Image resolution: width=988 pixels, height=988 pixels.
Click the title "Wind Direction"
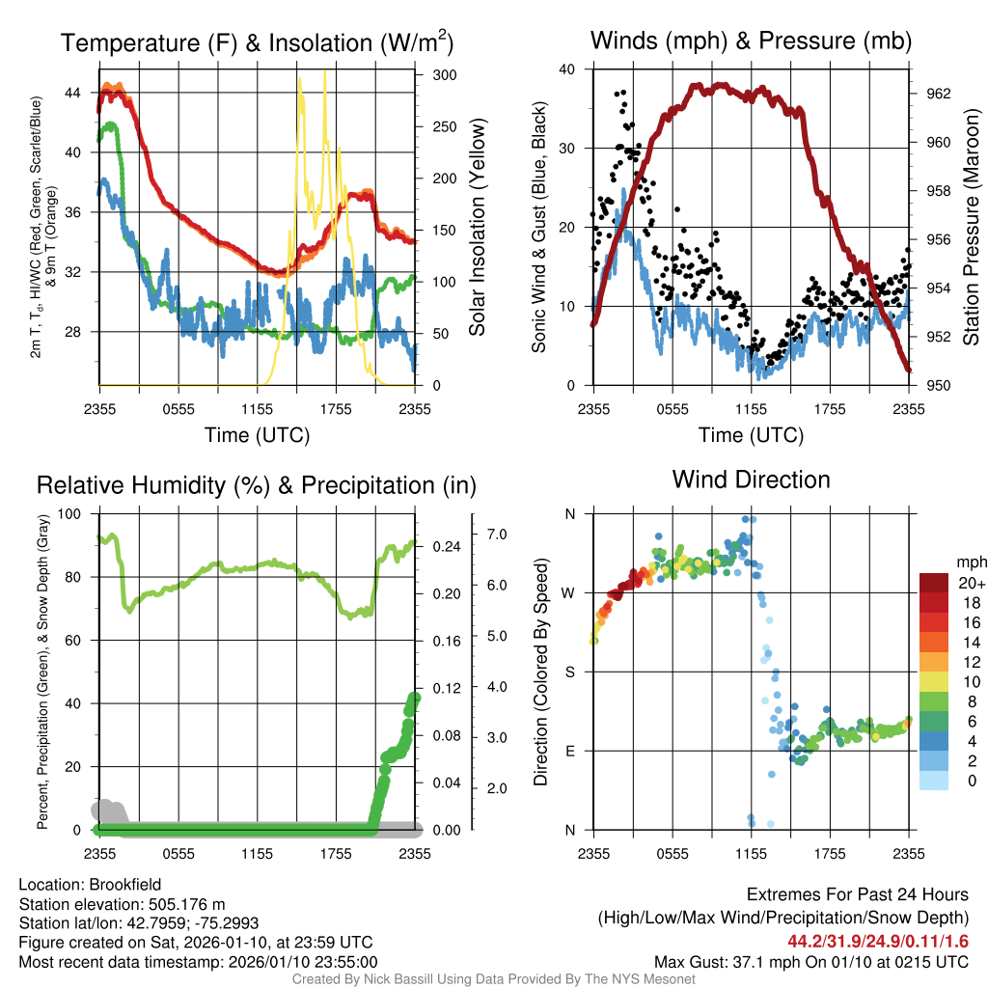click(x=751, y=480)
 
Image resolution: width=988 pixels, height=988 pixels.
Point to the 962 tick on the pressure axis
click(x=940, y=94)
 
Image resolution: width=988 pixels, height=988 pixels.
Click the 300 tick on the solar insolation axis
click(x=445, y=74)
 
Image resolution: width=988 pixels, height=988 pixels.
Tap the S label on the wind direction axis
click(x=570, y=672)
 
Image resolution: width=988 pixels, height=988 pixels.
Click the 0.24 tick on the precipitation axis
click(x=444, y=546)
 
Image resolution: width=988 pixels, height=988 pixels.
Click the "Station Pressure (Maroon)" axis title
click(x=972, y=227)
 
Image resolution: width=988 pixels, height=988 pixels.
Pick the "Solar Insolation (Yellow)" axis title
click(x=477, y=227)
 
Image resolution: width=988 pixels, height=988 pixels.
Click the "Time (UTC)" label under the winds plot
click(x=751, y=435)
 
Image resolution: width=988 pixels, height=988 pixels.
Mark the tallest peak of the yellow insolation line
click(x=324, y=71)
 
